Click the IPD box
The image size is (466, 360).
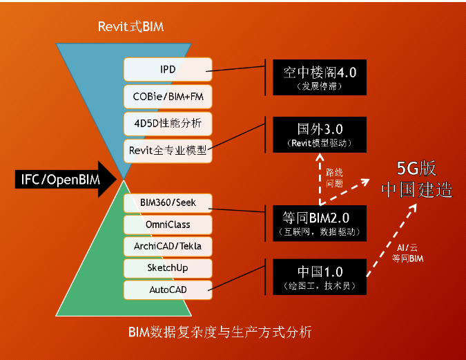tap(168, 69)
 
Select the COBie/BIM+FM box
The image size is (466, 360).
tap(168, 97)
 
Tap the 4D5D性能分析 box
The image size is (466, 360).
tap(168, 124)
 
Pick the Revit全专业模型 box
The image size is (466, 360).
tap(168, 151)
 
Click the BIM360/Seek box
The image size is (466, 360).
tap(168, 203)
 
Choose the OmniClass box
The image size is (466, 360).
tap(168, 225)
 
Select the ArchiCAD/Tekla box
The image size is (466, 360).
tap(168, 247)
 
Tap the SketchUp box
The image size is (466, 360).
tap(168, 268)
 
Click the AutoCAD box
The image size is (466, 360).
tap(168, 290)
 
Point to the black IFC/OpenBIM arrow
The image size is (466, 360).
tap(66, 180)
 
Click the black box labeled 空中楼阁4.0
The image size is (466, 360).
tap(320, 77)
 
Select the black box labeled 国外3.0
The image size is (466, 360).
tap(320, 135)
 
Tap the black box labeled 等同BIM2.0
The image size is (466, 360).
tap(320, 223)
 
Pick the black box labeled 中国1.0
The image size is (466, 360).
tap(320, 277)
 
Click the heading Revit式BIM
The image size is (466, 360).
tap(130, 26)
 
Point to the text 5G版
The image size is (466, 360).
tap(416, 169)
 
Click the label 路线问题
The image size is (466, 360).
tap(334, 178)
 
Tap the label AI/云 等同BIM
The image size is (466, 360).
tap(407, 253)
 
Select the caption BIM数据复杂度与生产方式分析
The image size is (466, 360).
tap(220, 332)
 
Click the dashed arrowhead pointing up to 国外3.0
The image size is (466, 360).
tap(320, 157)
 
